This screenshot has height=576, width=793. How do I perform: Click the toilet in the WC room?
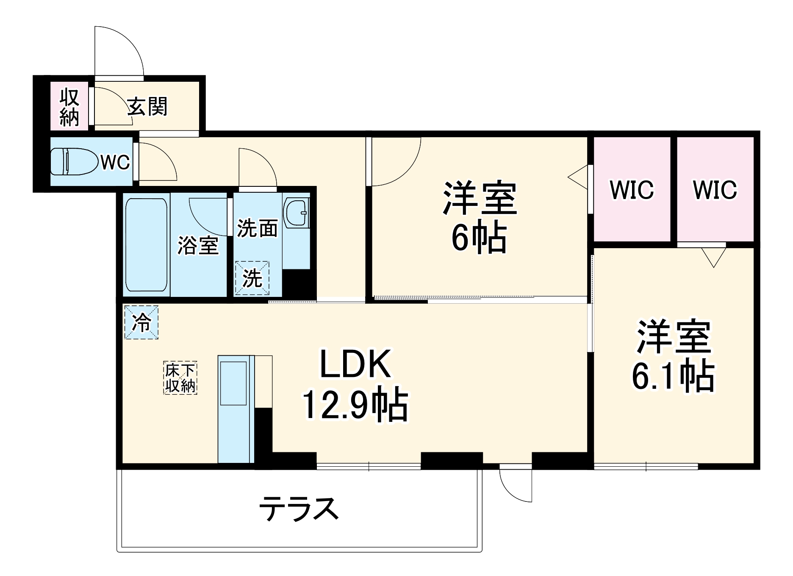[x=73, y=161]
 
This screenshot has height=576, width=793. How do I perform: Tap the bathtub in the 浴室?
[x=146, y=245]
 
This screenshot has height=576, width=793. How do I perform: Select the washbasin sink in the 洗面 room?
[x=296, y=213]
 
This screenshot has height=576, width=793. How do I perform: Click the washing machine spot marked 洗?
[x=252, y=278]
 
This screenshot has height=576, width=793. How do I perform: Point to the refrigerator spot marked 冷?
[x=141, y=323]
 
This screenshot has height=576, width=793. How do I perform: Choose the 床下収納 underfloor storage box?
[x=180, y=378]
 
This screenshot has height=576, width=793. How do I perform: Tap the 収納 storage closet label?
[x=69, y=108]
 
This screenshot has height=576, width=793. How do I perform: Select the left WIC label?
[x=632, y=190]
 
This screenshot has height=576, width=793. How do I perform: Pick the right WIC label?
[x=715, y=190]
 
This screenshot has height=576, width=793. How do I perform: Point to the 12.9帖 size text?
[x=355, y=405]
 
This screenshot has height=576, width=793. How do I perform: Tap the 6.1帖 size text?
[x=673, y=376]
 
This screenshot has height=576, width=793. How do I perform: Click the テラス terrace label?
[x=299, y=509]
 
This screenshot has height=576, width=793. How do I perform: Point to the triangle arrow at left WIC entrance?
[x=578, y=177]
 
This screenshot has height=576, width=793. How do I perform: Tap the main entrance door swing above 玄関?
[x=119, y=51]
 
